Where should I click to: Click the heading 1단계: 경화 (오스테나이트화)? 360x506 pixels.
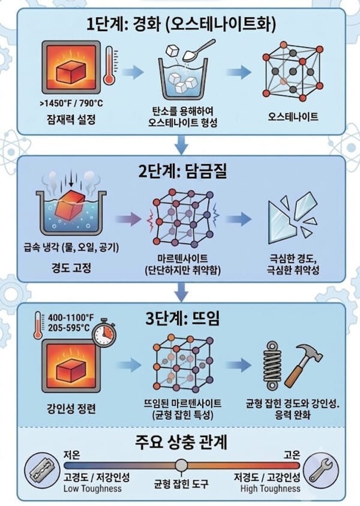tap(181, 24)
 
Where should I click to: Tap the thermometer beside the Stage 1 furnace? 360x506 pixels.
tap(109, 65)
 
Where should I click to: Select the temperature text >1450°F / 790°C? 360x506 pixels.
tap(71, 103)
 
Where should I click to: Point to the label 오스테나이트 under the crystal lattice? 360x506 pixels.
tap(293, 116)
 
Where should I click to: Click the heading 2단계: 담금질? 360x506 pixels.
tap(182, 171)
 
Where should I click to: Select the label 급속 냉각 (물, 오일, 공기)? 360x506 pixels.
tap(71, 248)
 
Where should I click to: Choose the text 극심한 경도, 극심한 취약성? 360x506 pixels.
tap(293, 264)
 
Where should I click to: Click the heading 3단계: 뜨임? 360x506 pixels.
tap(182, 318)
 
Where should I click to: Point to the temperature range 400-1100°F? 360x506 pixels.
tap(71, 318)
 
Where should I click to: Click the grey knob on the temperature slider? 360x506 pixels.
tap(181, 465)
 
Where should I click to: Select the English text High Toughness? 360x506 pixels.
tap(271, 489)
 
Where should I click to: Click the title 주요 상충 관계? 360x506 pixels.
tap(181, 442)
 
